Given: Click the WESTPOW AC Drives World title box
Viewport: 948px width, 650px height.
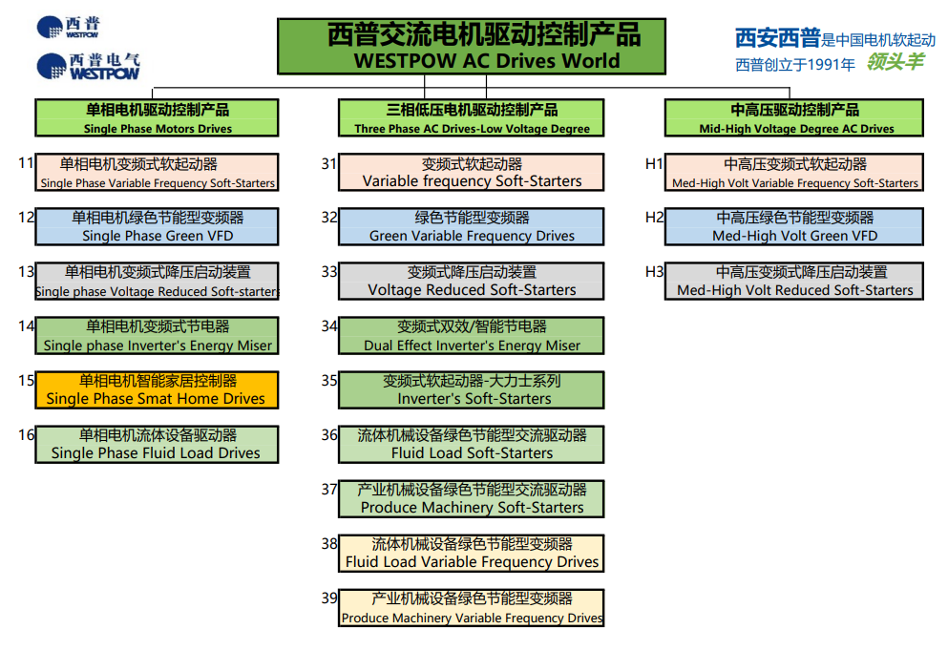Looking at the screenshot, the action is [x=472, y=47].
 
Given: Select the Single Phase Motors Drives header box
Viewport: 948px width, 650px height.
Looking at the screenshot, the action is [x=157, y=118].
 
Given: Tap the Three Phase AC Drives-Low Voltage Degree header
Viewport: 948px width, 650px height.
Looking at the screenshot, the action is [x=471, y=118].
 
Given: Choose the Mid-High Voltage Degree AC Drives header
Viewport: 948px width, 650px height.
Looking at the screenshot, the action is [x=794, y=118].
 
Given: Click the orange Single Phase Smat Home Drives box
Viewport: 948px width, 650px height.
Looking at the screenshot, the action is [x=157, y=390].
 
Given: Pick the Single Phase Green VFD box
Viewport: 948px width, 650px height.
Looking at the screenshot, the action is [x=157, y=227].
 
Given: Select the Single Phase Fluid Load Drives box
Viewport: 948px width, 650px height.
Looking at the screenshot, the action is [x=157, y=445].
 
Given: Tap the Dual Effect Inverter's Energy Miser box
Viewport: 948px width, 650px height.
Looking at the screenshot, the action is [x=471, y=336].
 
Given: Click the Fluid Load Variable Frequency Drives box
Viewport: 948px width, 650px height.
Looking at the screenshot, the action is [x=471, y=554].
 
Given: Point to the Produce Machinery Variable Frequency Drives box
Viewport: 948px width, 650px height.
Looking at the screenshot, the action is [x=471, y=608].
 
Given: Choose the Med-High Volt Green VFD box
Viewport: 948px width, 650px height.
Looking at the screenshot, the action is [x=794, y=227].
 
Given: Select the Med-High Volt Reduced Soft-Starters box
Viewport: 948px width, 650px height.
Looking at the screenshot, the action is [x=794, y=282].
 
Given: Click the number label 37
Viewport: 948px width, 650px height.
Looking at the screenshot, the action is [x=329, y=489].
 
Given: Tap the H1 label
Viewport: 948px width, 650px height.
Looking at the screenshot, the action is [x=654, y=164].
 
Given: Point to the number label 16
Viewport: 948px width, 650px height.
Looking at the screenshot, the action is [x=26, y=434].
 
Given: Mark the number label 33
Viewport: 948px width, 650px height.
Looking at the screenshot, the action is [x=329, y=271].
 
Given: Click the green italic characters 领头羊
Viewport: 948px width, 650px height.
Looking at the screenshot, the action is [x=895, y=61].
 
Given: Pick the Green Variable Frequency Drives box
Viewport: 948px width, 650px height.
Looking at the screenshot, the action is [x=471, y=227].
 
